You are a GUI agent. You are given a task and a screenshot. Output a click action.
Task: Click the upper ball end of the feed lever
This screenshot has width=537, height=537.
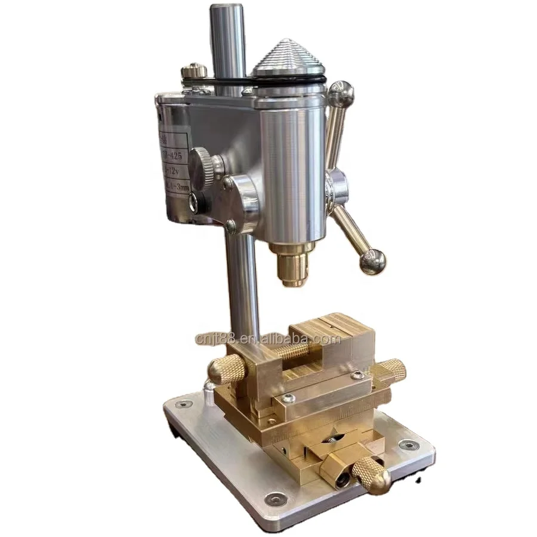(341, 94)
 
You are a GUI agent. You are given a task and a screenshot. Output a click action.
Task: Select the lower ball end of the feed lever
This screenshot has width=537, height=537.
(372, 261)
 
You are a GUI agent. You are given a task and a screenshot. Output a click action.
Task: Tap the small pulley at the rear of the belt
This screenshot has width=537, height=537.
(195, 72)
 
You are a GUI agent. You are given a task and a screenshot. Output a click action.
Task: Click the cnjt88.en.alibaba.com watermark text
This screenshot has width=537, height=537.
(268, 340)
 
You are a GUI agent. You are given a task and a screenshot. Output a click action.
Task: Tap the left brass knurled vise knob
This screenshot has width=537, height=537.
(226, 371)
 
